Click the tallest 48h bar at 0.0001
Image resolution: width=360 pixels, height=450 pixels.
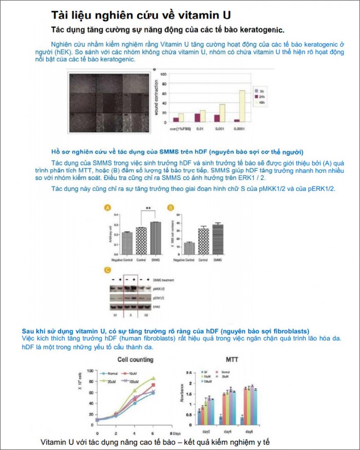click(241, 106)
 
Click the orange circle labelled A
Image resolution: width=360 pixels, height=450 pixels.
click(107, 208)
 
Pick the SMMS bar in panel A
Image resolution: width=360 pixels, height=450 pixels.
click(155, 238)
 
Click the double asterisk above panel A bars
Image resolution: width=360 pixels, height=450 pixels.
click(148, 209)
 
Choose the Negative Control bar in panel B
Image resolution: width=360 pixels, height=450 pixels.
click(189, 248)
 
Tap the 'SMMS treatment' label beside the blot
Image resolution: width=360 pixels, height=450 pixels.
click(164, 280)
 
